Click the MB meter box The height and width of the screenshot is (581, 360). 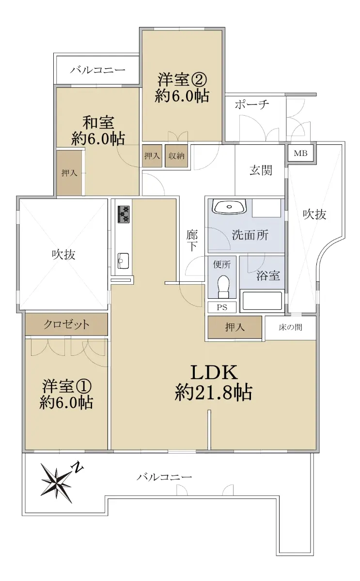coord(300,153)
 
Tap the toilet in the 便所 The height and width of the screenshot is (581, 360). coord(223,286)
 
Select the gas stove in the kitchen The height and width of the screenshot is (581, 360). coord(124,214)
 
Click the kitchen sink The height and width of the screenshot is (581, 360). coord(123,261)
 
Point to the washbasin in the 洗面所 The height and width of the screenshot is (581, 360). coord(229,207)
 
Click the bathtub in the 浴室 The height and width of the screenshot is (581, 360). coord(262,301)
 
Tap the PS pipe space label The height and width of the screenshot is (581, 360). coord(222,307)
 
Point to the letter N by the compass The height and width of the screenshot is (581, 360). coord(77,467)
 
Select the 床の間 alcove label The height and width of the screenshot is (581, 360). coord(290,327)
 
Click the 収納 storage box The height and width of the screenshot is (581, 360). coord(176,155)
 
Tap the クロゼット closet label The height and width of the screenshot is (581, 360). coord(66,324)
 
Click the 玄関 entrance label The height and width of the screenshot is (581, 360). coord(261,170)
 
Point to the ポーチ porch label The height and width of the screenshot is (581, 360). coord(252,105)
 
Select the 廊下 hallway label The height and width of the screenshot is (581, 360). coord(192,241)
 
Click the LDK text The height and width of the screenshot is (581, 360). coord(214,372)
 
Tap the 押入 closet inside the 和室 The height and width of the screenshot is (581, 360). coord(69,173)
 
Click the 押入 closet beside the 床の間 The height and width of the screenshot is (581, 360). coord(235,327)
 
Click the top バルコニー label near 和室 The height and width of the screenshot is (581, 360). coord(97,70)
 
